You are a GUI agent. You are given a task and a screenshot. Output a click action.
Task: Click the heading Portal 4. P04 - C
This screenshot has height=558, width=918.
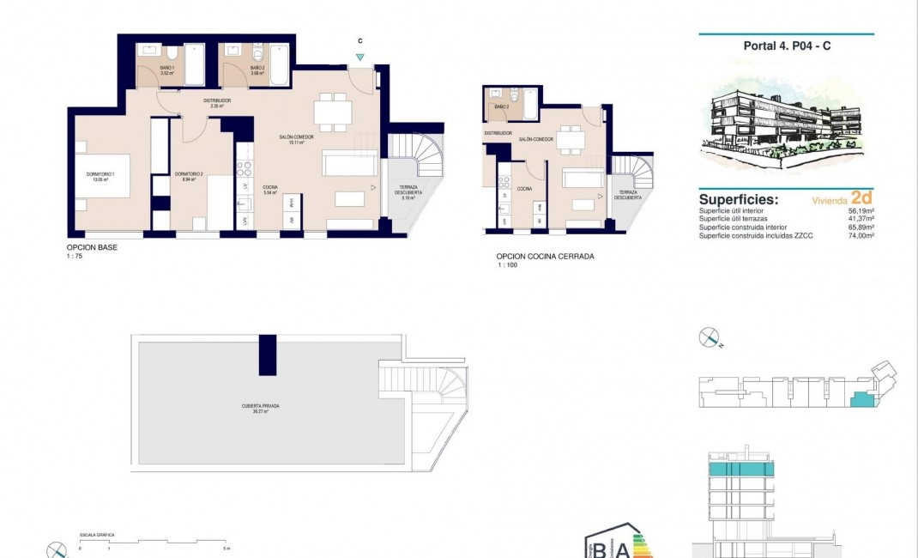pyautogui.click(x=786, y=46)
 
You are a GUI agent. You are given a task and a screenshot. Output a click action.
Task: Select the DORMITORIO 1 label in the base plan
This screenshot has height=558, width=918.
pyautogui.click(x=100, y=178)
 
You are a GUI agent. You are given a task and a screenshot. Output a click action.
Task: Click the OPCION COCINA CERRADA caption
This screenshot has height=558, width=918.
pyautogui.click(x=545, y=256)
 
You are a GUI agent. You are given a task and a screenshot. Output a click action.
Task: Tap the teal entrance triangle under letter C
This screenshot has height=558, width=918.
pyautogui.click(x=360, y=58)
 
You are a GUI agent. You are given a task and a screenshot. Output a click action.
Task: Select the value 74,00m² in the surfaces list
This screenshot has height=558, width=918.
pyautogui.click(x=860, y=234)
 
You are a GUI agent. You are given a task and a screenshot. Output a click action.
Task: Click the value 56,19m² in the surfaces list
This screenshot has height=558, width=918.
pyautogui.click(x=860, y=210)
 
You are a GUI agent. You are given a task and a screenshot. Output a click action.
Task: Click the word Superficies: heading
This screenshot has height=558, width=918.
pyautogui.click(x=739, y=199)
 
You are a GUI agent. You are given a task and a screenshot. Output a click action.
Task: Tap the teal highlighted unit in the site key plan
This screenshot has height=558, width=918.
pyautogui.click(x=860, y=399)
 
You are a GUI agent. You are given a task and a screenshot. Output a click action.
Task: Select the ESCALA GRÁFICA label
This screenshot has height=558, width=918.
pyautogui.click(x=97, y=535)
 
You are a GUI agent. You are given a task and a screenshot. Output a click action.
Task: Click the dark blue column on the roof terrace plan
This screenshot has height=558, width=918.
pyautogui.click(x=268, y=355)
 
